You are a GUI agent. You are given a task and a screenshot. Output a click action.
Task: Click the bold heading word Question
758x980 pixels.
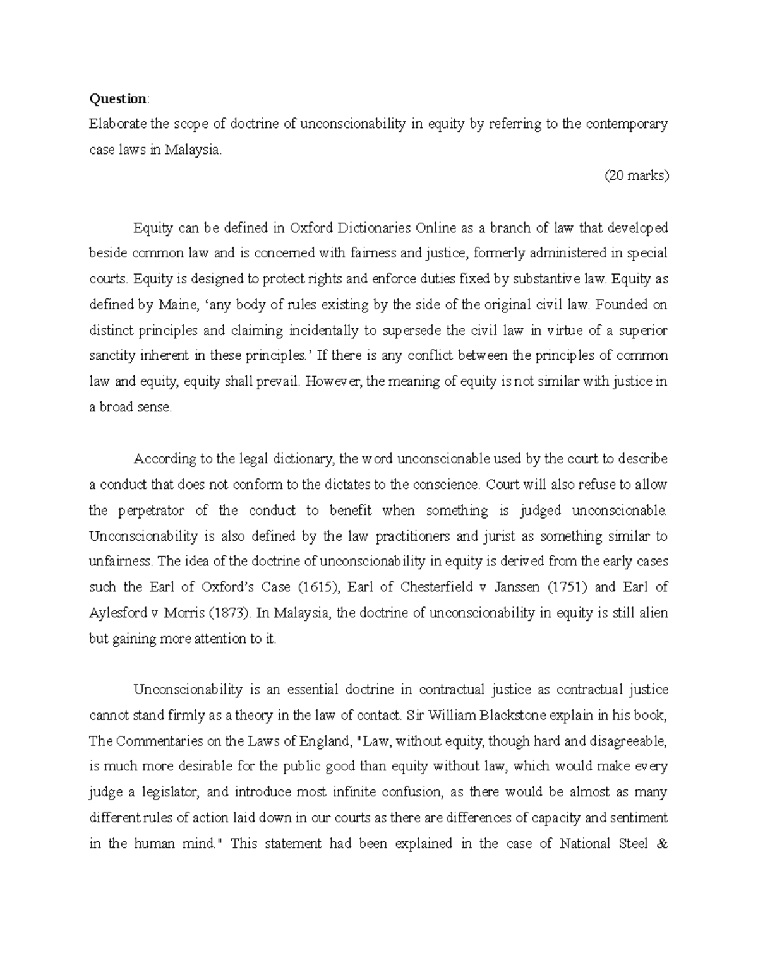[117, 98]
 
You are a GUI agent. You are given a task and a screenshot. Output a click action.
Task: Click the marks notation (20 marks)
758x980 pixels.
[635, 176]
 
